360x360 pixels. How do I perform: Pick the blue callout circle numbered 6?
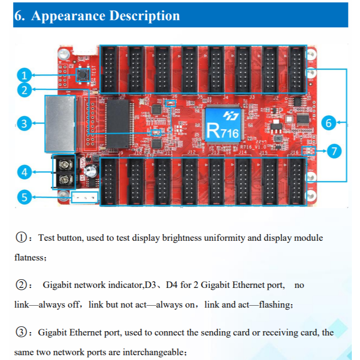pyautogui.click(x=329, y=123)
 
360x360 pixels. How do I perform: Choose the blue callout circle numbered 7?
pyautogui.click(x=335, y=152)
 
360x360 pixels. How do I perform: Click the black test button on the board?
pyautogui.click(x=83, y=75)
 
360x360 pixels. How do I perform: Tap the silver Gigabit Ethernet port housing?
pyautogui.click(x=60, y=124)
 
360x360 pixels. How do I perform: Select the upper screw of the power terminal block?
pyautogui.click(x=65, y=165)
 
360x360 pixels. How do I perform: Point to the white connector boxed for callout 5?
pyautogui.click(x=85, y=197)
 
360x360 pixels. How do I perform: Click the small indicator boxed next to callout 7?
pyautogui.click(x=308, y=151)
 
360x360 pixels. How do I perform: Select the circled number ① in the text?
pyautogui.click(x=21, y=238)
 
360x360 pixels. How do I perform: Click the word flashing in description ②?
pyautogui.click(x=275, y=305)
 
